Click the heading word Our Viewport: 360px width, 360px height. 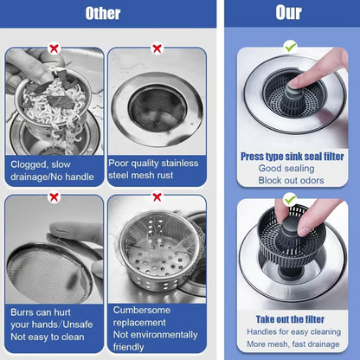pos(289,14)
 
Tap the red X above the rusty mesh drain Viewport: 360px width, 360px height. pos(157,49)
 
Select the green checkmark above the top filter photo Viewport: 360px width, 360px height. pos(290,45)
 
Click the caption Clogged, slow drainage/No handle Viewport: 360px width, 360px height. pos(53,170)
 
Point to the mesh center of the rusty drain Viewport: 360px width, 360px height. pos(157,107)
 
